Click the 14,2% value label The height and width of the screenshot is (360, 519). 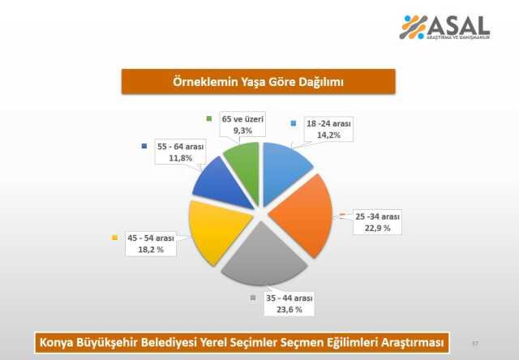(x=329, y=135)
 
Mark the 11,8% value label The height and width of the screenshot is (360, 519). (x=178, y=157)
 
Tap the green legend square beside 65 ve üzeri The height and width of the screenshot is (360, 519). (x=210, y=119)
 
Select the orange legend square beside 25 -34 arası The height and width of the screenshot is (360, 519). (x=344, y=216)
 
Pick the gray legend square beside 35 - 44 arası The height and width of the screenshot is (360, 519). (x=249, y=298)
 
